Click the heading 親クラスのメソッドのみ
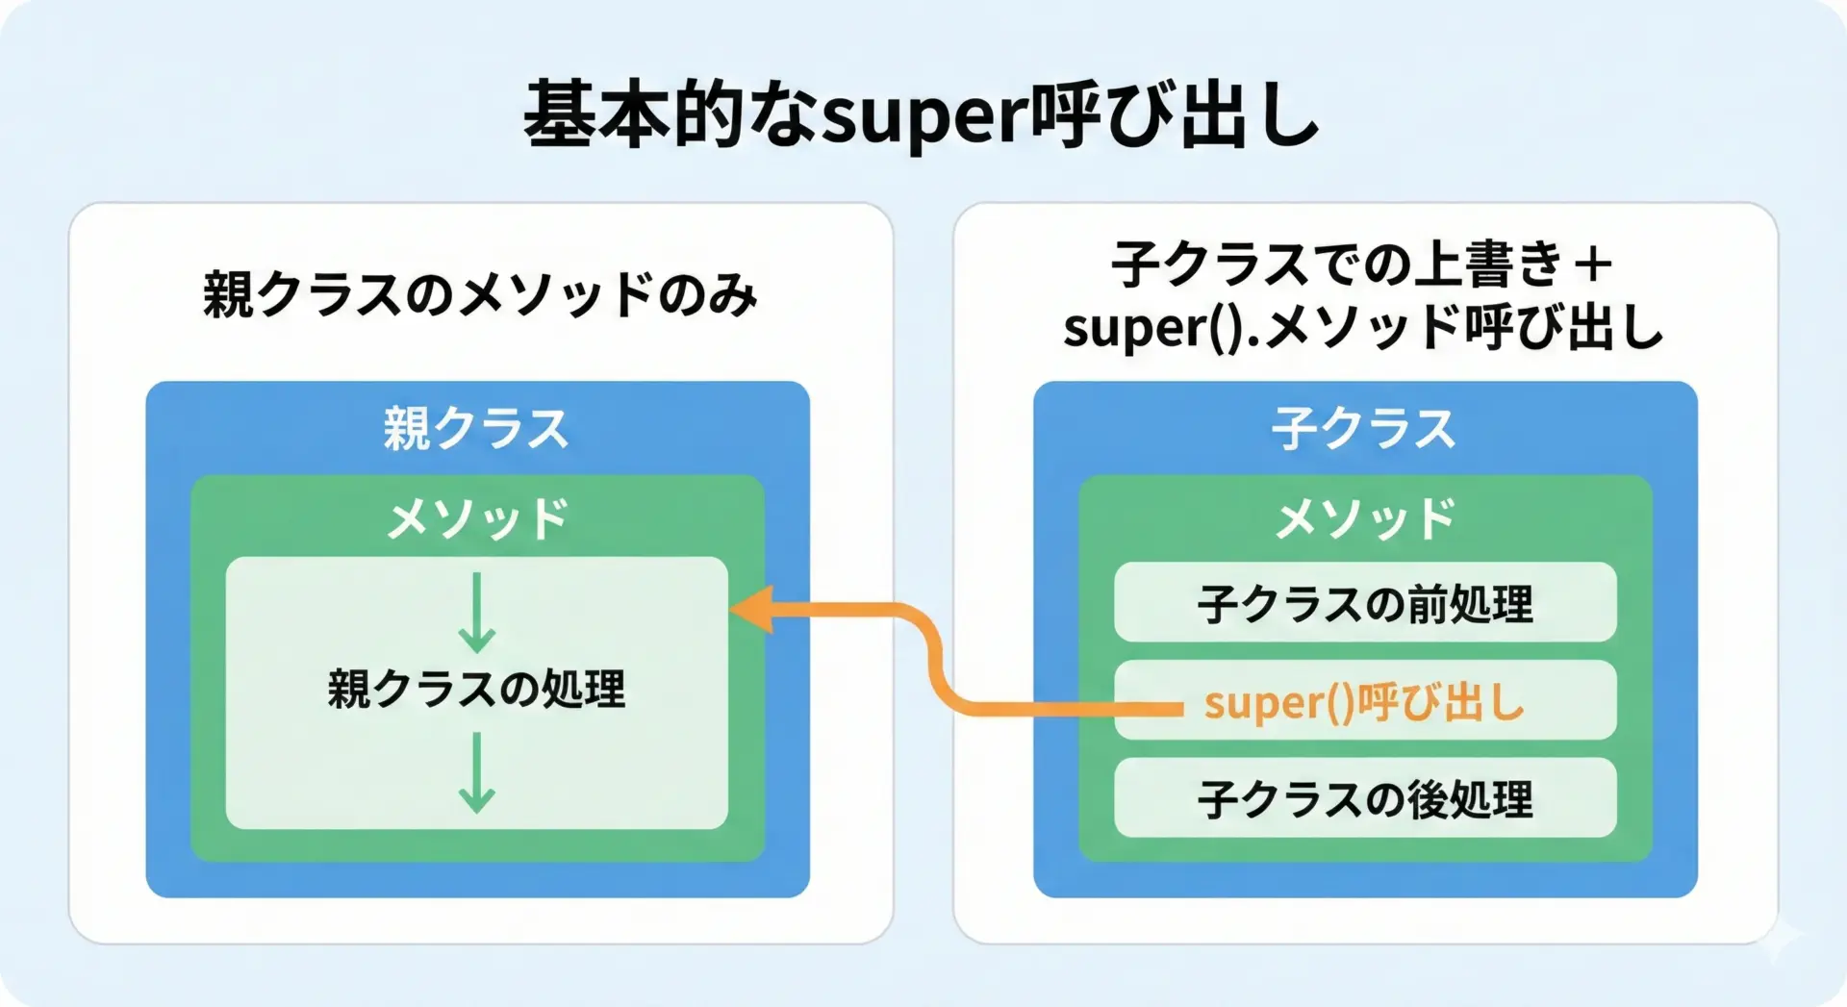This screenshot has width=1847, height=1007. [480, 294]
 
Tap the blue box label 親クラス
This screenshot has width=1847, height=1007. [476, 428]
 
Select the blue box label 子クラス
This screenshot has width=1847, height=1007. [1364, 428]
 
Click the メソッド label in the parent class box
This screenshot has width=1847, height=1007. [477, 519]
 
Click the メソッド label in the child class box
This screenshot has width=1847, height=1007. [1365, 519]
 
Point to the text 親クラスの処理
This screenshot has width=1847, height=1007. [476, 689]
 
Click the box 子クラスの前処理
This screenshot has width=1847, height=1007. [1365, 602]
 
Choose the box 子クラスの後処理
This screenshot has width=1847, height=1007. [1365, 797]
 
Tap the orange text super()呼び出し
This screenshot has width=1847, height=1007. [1364, 702]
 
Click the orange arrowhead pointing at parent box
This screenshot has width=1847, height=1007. [752, 608]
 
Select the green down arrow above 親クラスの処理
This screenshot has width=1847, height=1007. [476, 613]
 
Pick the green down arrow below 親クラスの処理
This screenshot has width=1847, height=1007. [476, 772]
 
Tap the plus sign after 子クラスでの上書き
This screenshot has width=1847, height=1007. [1592, 264]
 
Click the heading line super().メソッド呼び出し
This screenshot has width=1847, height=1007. [1363, 327]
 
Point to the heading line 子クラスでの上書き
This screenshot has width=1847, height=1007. [1337, 264]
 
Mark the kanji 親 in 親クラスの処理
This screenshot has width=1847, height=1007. [349, 689]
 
